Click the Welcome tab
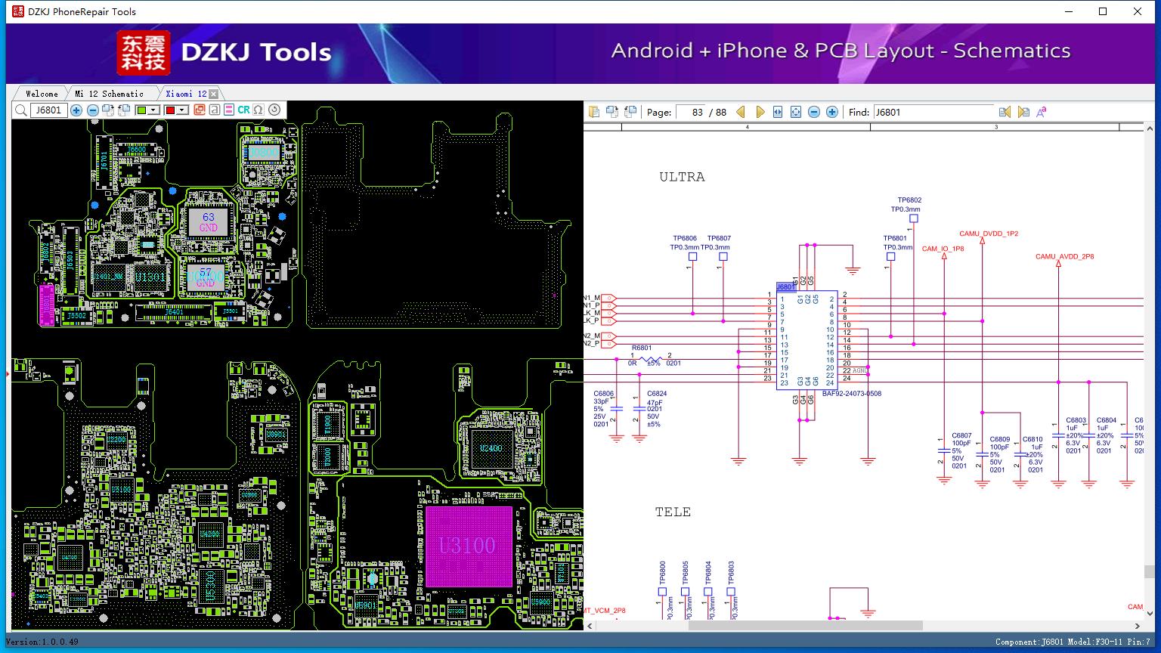point(42,94)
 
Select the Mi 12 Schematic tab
point(109,94)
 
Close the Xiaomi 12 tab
point(214,94)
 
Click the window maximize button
point(1103,11)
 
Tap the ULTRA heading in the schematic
point(682,177)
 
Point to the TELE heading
point(673,512)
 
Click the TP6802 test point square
point(913,218)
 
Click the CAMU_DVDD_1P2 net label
point(989,234)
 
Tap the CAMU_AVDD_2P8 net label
point(1064,256)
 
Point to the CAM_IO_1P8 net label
point(943,249)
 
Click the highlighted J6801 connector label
point(786,287)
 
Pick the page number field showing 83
point(691,112)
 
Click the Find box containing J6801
point(933,112)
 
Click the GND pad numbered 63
point(208,221)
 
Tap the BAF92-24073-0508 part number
point(852,394)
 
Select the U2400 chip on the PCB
point(491,447)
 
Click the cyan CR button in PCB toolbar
point(243,110)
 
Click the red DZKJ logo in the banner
point(144,52)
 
